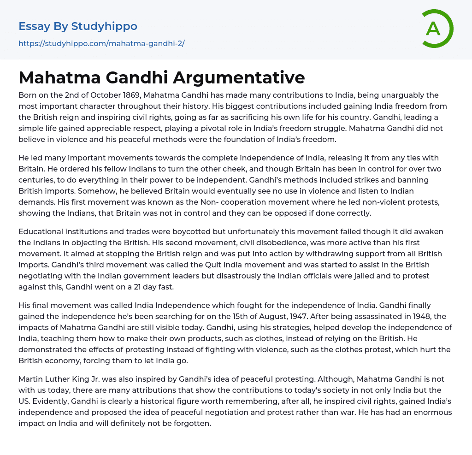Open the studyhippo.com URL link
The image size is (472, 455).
click(x=101, y=43)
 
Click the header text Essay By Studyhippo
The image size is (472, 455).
click(x=78, y=26)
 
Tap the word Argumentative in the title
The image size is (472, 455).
click(x=239, y=77)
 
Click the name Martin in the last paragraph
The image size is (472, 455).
click(x=31, y=378)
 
